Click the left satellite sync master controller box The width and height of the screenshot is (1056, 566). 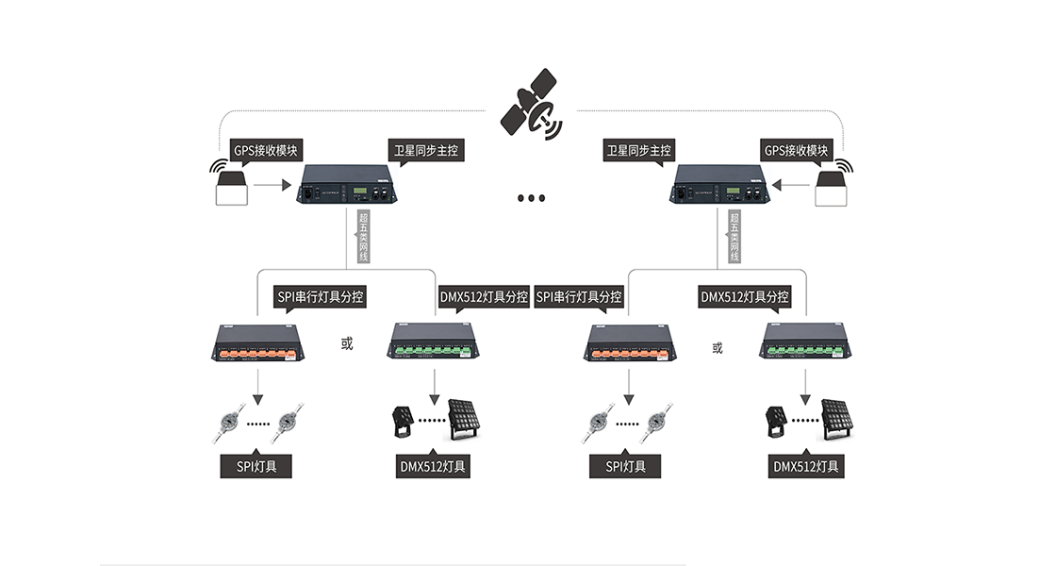pos(347,185)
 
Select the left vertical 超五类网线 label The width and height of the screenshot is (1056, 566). pos(363,237)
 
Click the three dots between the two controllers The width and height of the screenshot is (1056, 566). pos(531,198)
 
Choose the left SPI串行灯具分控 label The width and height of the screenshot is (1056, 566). pos(320,296)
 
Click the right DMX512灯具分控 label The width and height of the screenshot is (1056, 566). pos(744,296)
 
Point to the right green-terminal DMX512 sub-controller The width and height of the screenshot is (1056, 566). pos(807,343)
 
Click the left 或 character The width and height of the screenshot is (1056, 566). pos(347,345)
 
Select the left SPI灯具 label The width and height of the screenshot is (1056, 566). pos(256,466)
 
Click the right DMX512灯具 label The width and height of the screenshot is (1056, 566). pos(807,466)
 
